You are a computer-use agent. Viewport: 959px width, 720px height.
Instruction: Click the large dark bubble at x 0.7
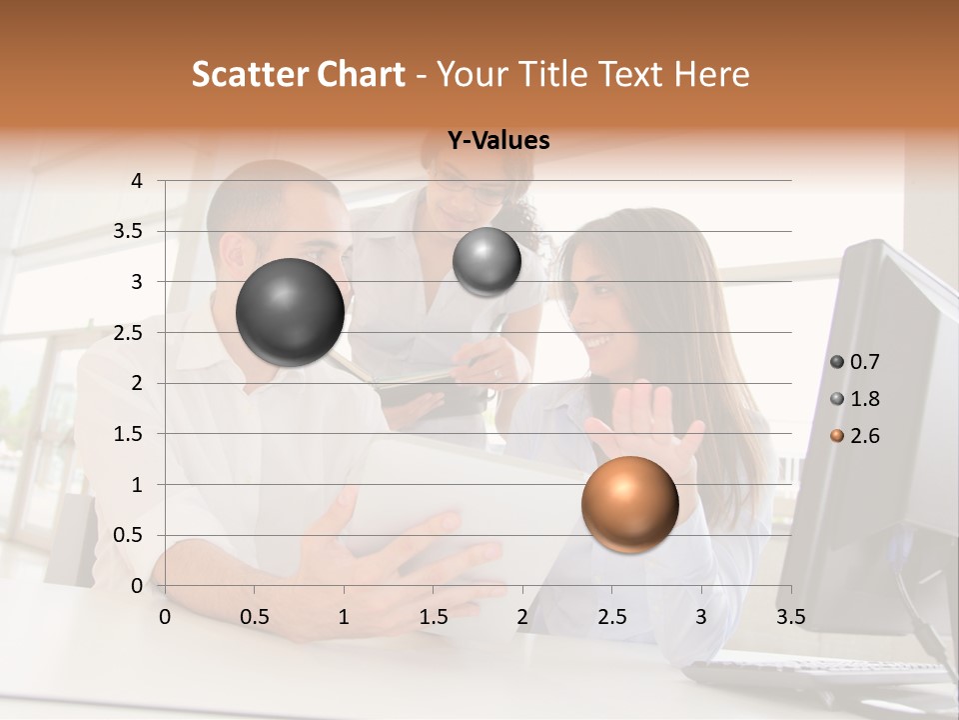click(290, 312)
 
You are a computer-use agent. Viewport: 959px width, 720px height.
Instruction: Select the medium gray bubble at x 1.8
click(486, 261)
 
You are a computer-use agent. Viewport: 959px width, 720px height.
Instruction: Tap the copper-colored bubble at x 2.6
click(629, 504)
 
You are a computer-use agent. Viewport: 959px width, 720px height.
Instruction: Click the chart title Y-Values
click(497, 141)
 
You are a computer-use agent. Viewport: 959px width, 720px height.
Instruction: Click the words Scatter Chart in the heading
click(298, 74)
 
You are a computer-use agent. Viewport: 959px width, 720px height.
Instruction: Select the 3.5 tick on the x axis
click(790, 616)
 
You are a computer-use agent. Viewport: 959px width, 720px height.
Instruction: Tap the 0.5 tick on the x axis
click(254, 616)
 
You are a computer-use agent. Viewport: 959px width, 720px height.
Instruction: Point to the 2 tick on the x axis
click(522, 616)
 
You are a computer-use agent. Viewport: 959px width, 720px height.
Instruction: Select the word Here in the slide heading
click(711, 74)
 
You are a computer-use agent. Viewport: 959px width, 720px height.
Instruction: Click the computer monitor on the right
click(879, 420)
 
